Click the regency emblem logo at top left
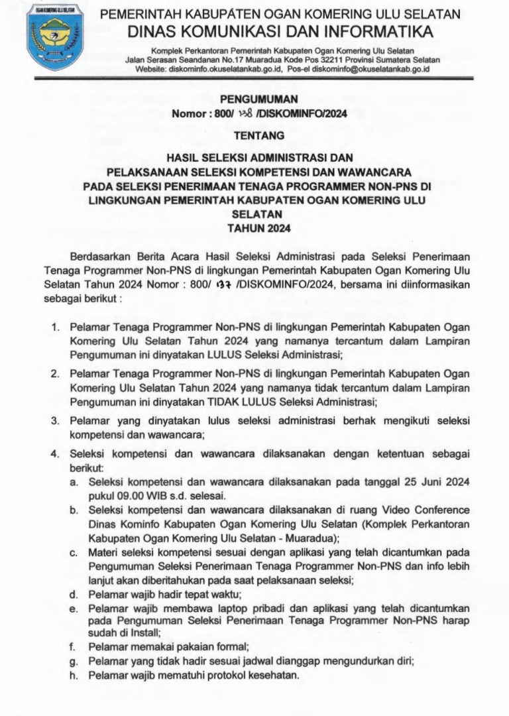click(40, 38)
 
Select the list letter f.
click(72, 645)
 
